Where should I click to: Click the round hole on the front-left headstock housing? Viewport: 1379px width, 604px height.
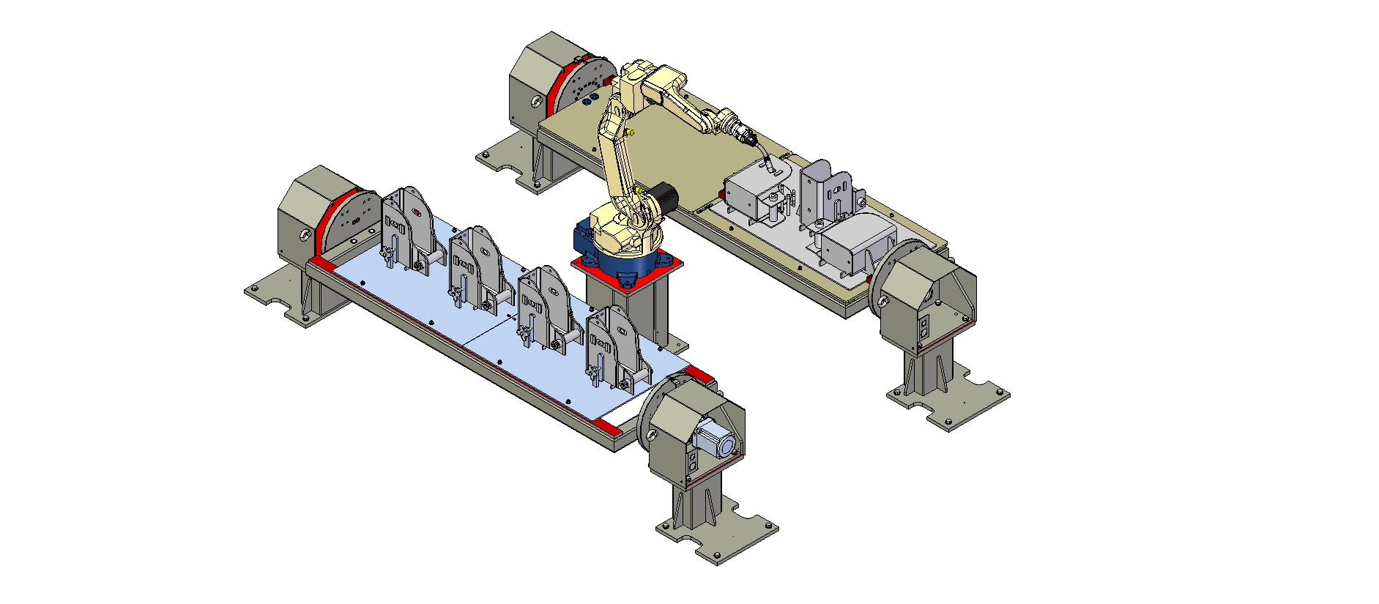tap(302, 234)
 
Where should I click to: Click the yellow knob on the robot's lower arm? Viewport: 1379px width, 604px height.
tap(631, 133)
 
